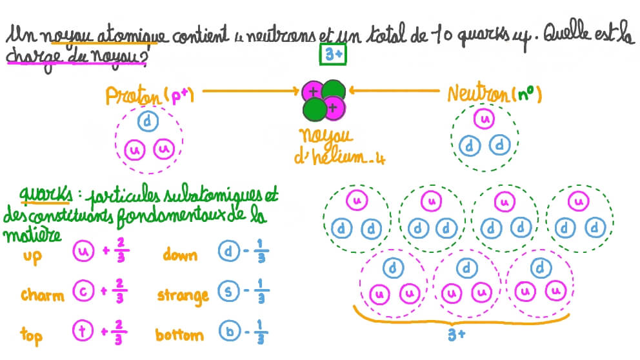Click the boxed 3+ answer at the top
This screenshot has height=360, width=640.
pyautogui.click(x=333, y=56)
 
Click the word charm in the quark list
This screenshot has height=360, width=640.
pyautogui.click(x=43, y=295)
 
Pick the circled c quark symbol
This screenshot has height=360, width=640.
pyautogui.click(x=83, y=293)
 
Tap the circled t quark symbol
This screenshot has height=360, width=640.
pyautogui.click(x=83, y=334)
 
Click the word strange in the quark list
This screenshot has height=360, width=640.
pyautogui.click(x=183, y=295)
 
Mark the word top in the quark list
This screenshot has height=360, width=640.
pyautogui.click(x=31, y=335)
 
